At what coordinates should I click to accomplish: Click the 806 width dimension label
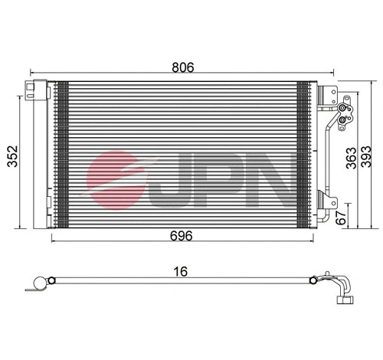click(x=182, y=67)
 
